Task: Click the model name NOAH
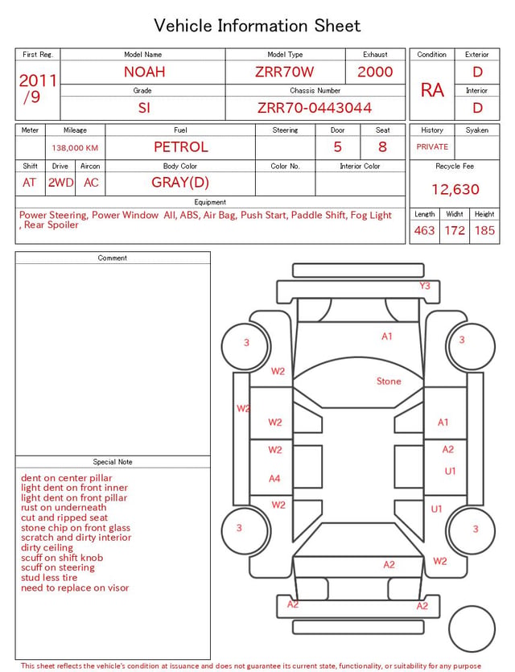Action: click(144, 72)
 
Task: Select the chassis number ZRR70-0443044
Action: click(315, 108)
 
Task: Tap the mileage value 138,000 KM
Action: click(75, 148)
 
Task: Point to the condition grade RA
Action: click(432, 90)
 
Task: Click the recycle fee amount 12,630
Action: click(455, 189)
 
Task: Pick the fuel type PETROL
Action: click(181, 147)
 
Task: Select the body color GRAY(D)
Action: click(180, 183)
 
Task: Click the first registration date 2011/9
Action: click(38, 89)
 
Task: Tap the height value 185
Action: click(484, 230)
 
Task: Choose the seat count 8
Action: click(382, 147)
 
